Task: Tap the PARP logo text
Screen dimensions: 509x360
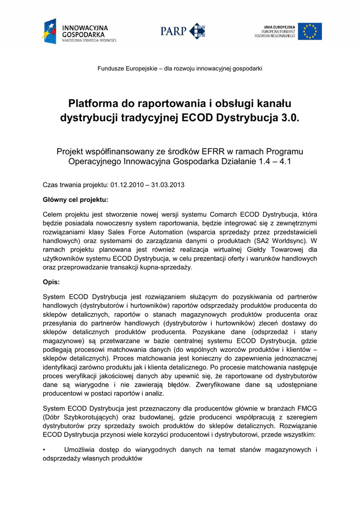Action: click(173, 31)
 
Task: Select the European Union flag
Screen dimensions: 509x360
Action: click(310, 31)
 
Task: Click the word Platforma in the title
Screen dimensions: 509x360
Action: click(93, 104)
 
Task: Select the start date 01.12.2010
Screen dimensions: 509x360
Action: click(126, 185)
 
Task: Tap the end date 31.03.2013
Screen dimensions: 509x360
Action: click(169, 185)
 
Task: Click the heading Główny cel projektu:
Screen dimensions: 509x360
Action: click(76, 200)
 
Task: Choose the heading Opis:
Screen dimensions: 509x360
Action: click(52, 282)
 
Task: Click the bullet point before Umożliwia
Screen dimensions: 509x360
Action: click(45, 450)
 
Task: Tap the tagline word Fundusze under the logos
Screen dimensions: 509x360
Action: click(111, 68)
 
